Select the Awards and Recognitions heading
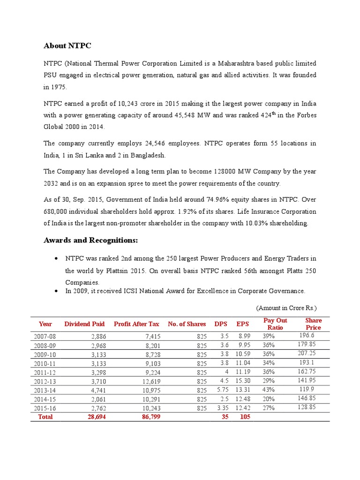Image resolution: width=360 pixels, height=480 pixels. (91, 240)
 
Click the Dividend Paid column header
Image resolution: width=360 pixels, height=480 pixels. (84, 324)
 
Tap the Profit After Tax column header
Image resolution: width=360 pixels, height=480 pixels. (136, 324)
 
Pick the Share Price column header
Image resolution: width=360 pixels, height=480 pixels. (313, 324)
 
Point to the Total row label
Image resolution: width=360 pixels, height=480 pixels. (45, 417)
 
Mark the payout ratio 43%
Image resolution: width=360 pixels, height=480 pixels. (269, 390)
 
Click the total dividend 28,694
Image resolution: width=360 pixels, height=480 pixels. (97, 417)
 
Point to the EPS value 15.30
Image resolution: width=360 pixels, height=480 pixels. (243, 381)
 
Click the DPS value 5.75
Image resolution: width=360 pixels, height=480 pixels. (222, 390)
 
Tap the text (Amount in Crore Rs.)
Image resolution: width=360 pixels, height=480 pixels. (286, 308)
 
